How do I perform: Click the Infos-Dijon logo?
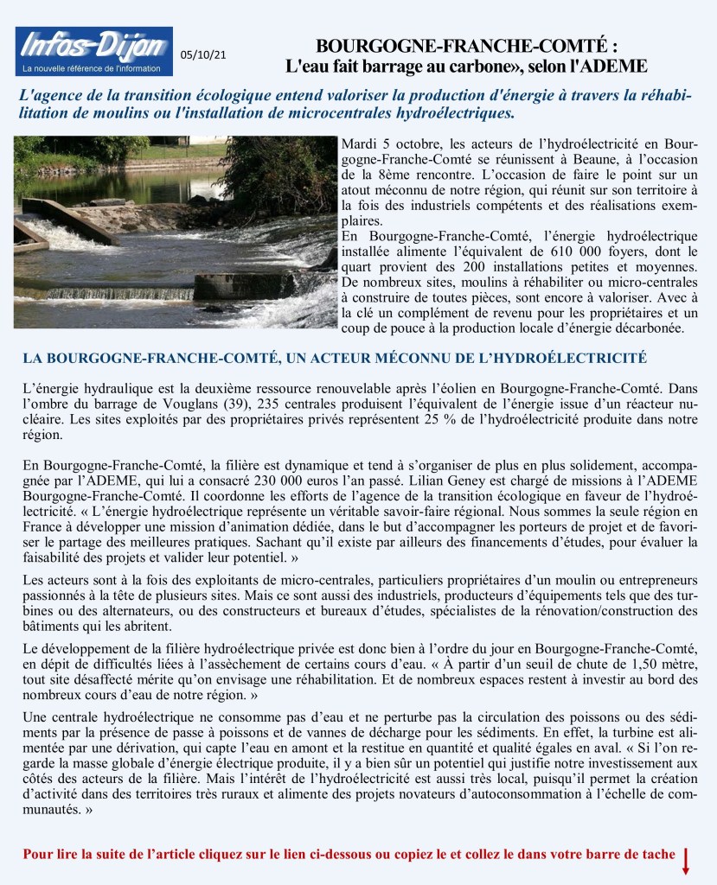tap(93, 51)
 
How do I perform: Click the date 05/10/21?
tap(204, 55)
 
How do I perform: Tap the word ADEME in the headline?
tap(619, 66)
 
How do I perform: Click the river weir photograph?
tap(175, 232)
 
